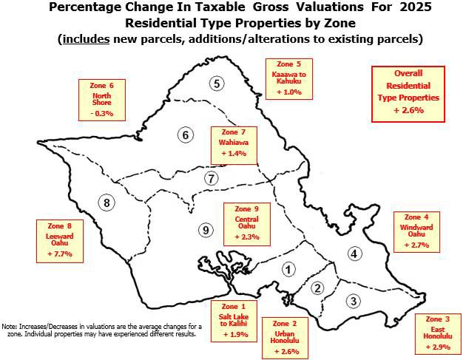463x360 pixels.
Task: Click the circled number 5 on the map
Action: click(x=217, y=83)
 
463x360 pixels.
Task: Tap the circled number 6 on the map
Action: click(x=186, y=135)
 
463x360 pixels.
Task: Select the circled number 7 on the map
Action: click(x=212, y=178)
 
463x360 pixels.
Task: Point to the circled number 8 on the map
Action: click(x=107, y=203)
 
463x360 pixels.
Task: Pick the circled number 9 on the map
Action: click(x=206, y=231)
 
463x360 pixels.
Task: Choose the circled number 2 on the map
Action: click(x=318, y=288)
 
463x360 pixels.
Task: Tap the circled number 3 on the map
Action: click(x=354, y=300)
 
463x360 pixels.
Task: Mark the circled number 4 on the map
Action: click(x=355, y=254)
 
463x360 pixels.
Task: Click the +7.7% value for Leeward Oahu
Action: click(x=58, y=254)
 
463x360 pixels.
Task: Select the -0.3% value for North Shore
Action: click(x=102, y=113)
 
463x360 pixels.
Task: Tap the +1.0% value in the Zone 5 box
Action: click(x=288, y=92)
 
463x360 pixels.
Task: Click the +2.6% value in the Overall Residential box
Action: click(x=408, y=109)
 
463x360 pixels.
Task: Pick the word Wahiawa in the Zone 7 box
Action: click(x=233, y=141)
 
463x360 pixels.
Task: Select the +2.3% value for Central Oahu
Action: click(x=247, y=237)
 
